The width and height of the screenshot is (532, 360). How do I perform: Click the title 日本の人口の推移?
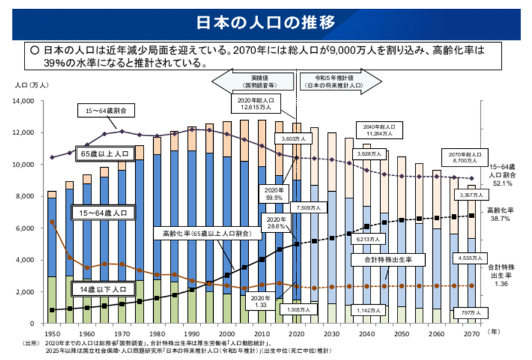pyautogui.click(x=266, y=23)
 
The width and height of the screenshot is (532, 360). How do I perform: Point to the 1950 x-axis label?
pyautogui.click(x=52, y=332)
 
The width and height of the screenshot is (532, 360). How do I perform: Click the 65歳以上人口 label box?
pyautogui.click(x=104, y=154)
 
